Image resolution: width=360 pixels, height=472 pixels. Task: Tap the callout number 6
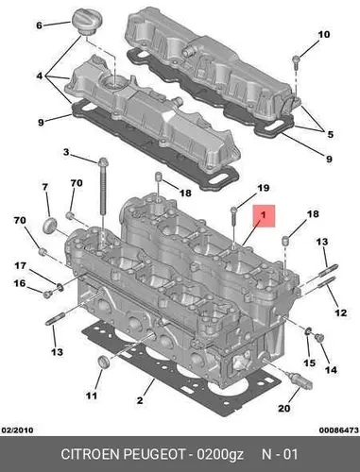(x=39, y=25)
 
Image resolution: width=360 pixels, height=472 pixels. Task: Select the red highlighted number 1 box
(x=264, y=216)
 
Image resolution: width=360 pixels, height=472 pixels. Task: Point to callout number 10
(x=323, y=34)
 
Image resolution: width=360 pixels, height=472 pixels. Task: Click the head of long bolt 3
(x=103, y=162)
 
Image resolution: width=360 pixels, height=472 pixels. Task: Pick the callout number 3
(x=65, y=152)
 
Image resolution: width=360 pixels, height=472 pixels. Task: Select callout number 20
(x=283, y=408)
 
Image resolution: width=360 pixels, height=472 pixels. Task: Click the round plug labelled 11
(x=103, y=362)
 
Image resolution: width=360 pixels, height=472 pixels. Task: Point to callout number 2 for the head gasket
(x=140, y=400)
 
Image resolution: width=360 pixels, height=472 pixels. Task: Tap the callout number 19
(x=264, y=188)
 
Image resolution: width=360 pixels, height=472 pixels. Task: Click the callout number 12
(x=340, y=312)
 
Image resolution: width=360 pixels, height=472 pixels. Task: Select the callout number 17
(x=21, y=266)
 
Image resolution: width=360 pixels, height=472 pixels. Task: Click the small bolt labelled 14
(x=319, y=337)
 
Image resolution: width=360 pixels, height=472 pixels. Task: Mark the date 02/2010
(x=18, y=430)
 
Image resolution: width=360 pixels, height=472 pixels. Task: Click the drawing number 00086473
(x=339, y=430)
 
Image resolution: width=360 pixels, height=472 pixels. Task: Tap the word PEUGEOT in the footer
(x=154, y=454)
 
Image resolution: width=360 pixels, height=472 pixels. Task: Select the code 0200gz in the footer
(x=220, y=455)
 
